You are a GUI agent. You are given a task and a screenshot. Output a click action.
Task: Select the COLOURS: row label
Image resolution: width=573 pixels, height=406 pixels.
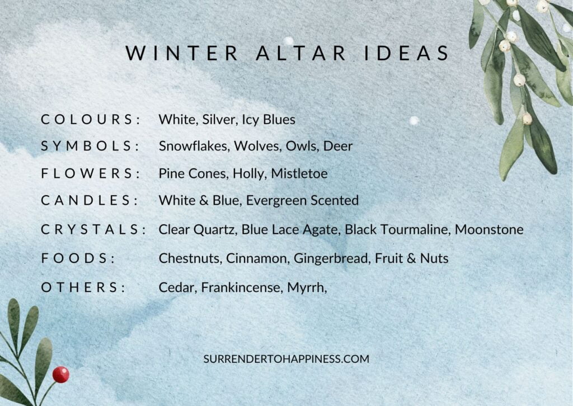(x=90, y=119)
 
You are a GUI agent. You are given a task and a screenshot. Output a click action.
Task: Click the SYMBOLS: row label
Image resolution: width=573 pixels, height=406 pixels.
(x=90, y=146)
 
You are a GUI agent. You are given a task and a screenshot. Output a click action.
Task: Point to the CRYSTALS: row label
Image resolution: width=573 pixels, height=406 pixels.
(x=93, y=229)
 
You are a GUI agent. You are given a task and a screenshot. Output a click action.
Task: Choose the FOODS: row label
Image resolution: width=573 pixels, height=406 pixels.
(x=78, y=258)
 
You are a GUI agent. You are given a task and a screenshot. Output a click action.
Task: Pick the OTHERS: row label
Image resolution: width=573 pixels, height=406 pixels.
(x=83, y=287)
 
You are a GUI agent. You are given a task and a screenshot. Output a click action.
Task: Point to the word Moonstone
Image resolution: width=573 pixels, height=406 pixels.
(x=489, y=229)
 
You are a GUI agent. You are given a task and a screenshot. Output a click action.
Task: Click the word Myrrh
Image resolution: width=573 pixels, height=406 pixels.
(x=306, y=287)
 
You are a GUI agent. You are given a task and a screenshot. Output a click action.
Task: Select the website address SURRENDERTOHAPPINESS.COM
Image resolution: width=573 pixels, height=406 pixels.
(x=286, y=359)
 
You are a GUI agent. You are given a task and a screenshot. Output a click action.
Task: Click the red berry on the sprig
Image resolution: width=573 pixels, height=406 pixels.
(x=61, y=374)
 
